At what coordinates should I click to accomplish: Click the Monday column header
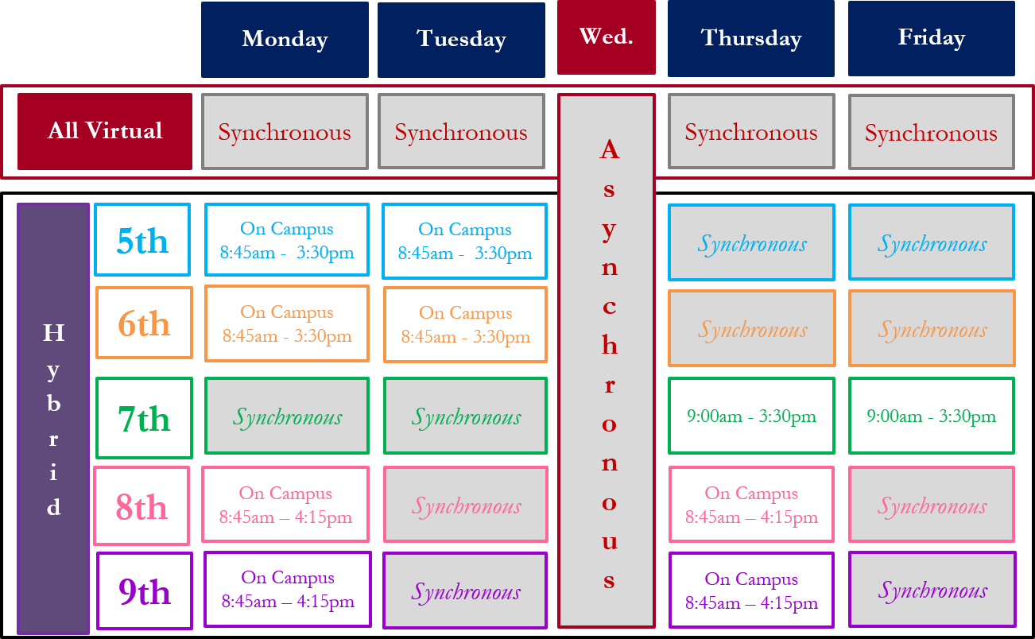[x=285, y=39]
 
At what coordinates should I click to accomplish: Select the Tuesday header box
[x=461, y=40]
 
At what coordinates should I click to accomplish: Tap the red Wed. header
[x=607, y=37]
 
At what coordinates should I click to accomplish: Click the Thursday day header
[x=751, y=38]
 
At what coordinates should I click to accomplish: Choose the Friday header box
[x=932, y=38]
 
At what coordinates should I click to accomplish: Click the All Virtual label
[x=105, y=131]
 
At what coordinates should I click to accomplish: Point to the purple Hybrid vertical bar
[x=53, y=418]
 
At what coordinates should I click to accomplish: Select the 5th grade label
[x=142, y=239]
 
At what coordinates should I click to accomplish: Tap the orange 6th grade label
[x=144, y=323]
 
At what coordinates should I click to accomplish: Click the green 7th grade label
[x=144, y=418]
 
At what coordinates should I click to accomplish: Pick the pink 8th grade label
[x=141, y=505]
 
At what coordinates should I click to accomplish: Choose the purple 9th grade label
[x=145, y=591]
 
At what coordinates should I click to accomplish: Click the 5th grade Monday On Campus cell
[x=287, y=240]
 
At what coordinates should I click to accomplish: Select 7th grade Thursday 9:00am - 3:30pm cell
[x=751, y=416]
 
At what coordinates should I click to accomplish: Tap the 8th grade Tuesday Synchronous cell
[x=466, y=504]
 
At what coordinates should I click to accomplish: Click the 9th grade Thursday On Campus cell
[x=751, y=590]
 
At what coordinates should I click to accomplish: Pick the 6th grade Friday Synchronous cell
[x=932, y=328]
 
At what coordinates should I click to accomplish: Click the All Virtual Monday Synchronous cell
[x=285, y=132]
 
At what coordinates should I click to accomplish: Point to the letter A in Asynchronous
[x=610, y=149]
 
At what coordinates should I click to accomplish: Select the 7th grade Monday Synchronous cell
[x=287, y=416]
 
